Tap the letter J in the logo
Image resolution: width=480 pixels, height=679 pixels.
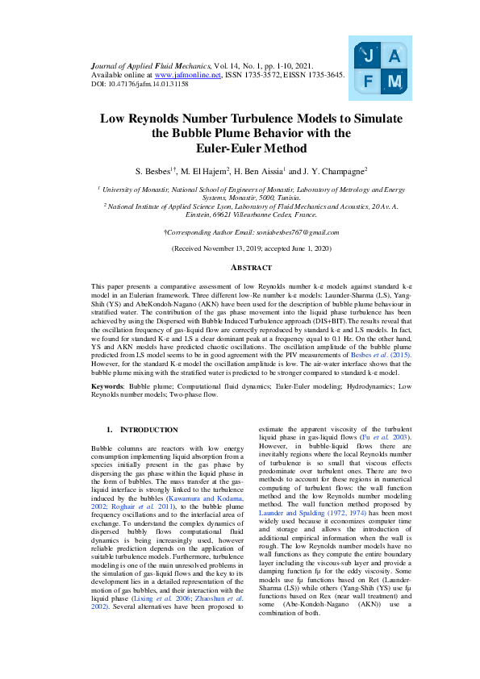pyautogui.click(x=368, y=56)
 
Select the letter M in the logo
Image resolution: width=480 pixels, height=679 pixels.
pyautogui.click(x=394, y=81)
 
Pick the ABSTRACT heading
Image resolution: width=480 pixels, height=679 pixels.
pyautogui.click(x=240, y=267)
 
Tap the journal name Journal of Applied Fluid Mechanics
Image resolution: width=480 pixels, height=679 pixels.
pyautogui.click(x=148, y=64)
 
